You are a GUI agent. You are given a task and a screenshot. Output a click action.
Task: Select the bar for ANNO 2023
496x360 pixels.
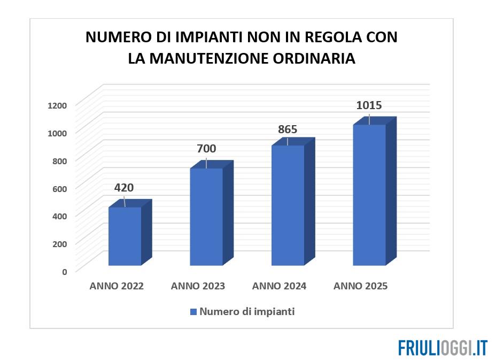click(206, 217)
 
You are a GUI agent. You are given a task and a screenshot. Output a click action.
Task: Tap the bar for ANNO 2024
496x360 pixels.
click(288, 205)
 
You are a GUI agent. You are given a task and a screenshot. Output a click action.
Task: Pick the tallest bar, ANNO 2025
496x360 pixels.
click(369, 195)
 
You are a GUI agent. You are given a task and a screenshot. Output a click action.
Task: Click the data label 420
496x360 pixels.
click(123, 188)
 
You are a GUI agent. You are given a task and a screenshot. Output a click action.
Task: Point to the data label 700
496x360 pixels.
click(206, 149)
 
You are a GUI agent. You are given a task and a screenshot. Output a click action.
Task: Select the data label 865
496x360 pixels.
click(287, 129)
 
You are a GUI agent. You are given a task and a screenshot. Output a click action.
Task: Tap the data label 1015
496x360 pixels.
click(369, 105)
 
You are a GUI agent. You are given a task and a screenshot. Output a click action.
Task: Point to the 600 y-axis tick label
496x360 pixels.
click(59, 188)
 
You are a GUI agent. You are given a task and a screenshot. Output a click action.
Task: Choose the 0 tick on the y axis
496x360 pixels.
click(64, 271)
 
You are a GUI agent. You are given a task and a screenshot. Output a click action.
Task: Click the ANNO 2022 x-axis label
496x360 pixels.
click(117, 286)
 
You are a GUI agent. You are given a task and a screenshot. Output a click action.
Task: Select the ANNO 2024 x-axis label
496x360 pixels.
click(279, 286)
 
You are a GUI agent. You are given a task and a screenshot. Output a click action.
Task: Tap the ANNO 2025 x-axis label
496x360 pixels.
click(360, 286)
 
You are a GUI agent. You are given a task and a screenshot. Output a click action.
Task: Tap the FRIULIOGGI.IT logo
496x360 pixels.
click(443, 347)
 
